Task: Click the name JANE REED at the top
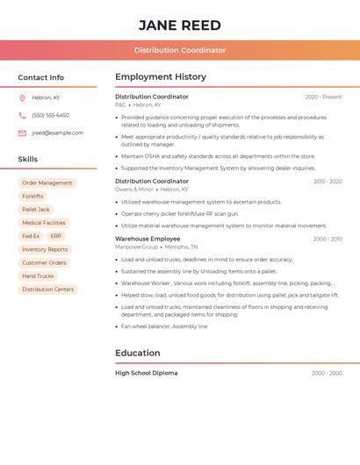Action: point(180,25)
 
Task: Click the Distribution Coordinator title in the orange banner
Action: point(180,50)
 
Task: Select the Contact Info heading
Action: point(41,77)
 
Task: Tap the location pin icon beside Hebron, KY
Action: point(22,97)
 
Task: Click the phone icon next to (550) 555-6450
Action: point(22,115)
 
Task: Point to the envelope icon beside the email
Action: point(22,132)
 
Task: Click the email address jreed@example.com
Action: point(57,132)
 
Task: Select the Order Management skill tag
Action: point(47,183)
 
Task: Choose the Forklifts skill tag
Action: point(32,197)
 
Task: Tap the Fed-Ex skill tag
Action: point(31,236)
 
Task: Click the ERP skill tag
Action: point(56,236)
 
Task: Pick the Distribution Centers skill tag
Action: point(48,290)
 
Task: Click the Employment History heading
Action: point(161,77)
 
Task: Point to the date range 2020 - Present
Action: point(323,97)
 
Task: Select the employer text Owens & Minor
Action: point(133,190)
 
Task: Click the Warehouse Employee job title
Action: point(148,239)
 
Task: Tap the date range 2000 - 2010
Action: point(328,239)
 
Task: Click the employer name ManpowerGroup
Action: point(136,247)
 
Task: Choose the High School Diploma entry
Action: point(146,373)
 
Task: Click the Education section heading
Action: point(138,353)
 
